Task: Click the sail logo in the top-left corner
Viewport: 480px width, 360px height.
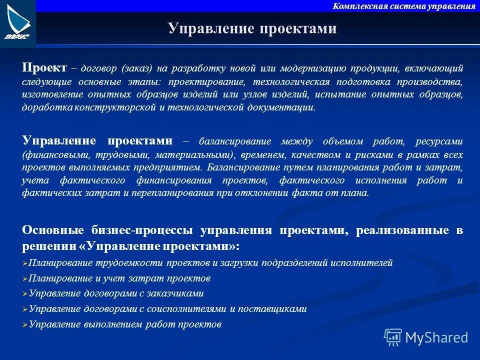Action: pyautogui.click(x=18, y=22)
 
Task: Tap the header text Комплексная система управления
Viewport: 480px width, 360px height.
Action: pyautogui.click(x=404, y=6)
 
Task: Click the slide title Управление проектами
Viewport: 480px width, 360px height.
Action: pyautogui.click(x=252, y=29)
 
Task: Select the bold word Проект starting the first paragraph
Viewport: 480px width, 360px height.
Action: pyautogui.click(x=44, y=68)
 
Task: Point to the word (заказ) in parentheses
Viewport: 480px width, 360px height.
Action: pyautogui.click(x=135, y=68)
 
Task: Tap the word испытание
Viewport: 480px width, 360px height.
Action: pyautogui.click(x=356, y=94)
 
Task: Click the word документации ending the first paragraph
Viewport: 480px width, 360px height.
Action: pyautogui.click(x=284, y=107)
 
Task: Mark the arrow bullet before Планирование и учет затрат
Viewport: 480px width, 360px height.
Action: pyautogui.click(x=25, y=278)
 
